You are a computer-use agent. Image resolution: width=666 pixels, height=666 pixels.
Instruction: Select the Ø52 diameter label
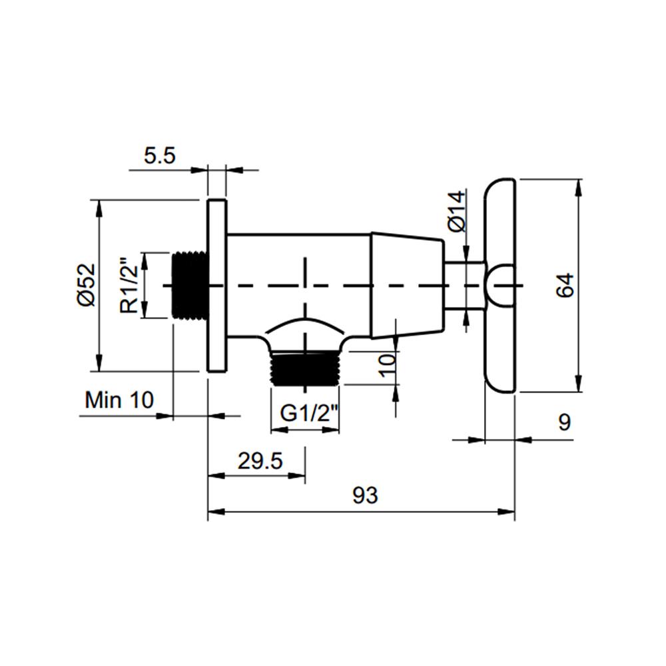click(86, 285)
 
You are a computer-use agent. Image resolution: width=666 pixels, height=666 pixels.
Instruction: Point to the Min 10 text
click(119, 400)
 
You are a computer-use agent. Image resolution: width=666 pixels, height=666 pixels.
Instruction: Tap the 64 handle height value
click(564, 285)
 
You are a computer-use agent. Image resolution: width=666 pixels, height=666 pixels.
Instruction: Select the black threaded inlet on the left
click(190, 285)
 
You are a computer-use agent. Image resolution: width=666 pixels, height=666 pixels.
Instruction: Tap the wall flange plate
click(216, 285)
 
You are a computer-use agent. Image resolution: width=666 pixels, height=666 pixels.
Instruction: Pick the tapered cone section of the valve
click(406, 285)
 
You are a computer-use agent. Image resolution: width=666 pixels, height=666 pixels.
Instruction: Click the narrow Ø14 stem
click(464, 285)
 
